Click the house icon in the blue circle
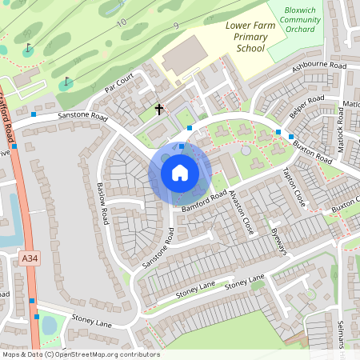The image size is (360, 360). click(180, 172)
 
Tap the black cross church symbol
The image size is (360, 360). click(158, 109)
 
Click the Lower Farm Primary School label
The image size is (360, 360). click(245, 37)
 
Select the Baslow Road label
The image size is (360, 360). click(103, 204)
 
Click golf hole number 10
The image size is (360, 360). click(122, 23)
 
